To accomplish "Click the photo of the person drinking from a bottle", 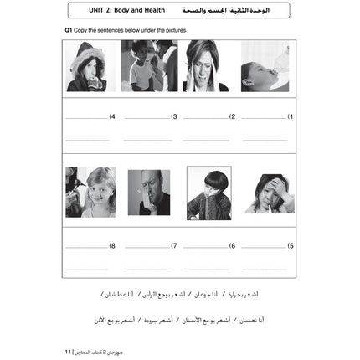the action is tap(265, 65).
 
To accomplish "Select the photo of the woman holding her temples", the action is tap(206, 65).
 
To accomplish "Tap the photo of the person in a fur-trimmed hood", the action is tap(86, 65).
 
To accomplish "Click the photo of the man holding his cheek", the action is tap(149, 193).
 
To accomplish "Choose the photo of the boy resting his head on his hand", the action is tap(208, 193).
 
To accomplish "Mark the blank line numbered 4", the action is tap(87, 118).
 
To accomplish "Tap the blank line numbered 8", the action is tap(87, 247).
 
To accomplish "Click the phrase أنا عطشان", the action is tap(121, 295).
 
